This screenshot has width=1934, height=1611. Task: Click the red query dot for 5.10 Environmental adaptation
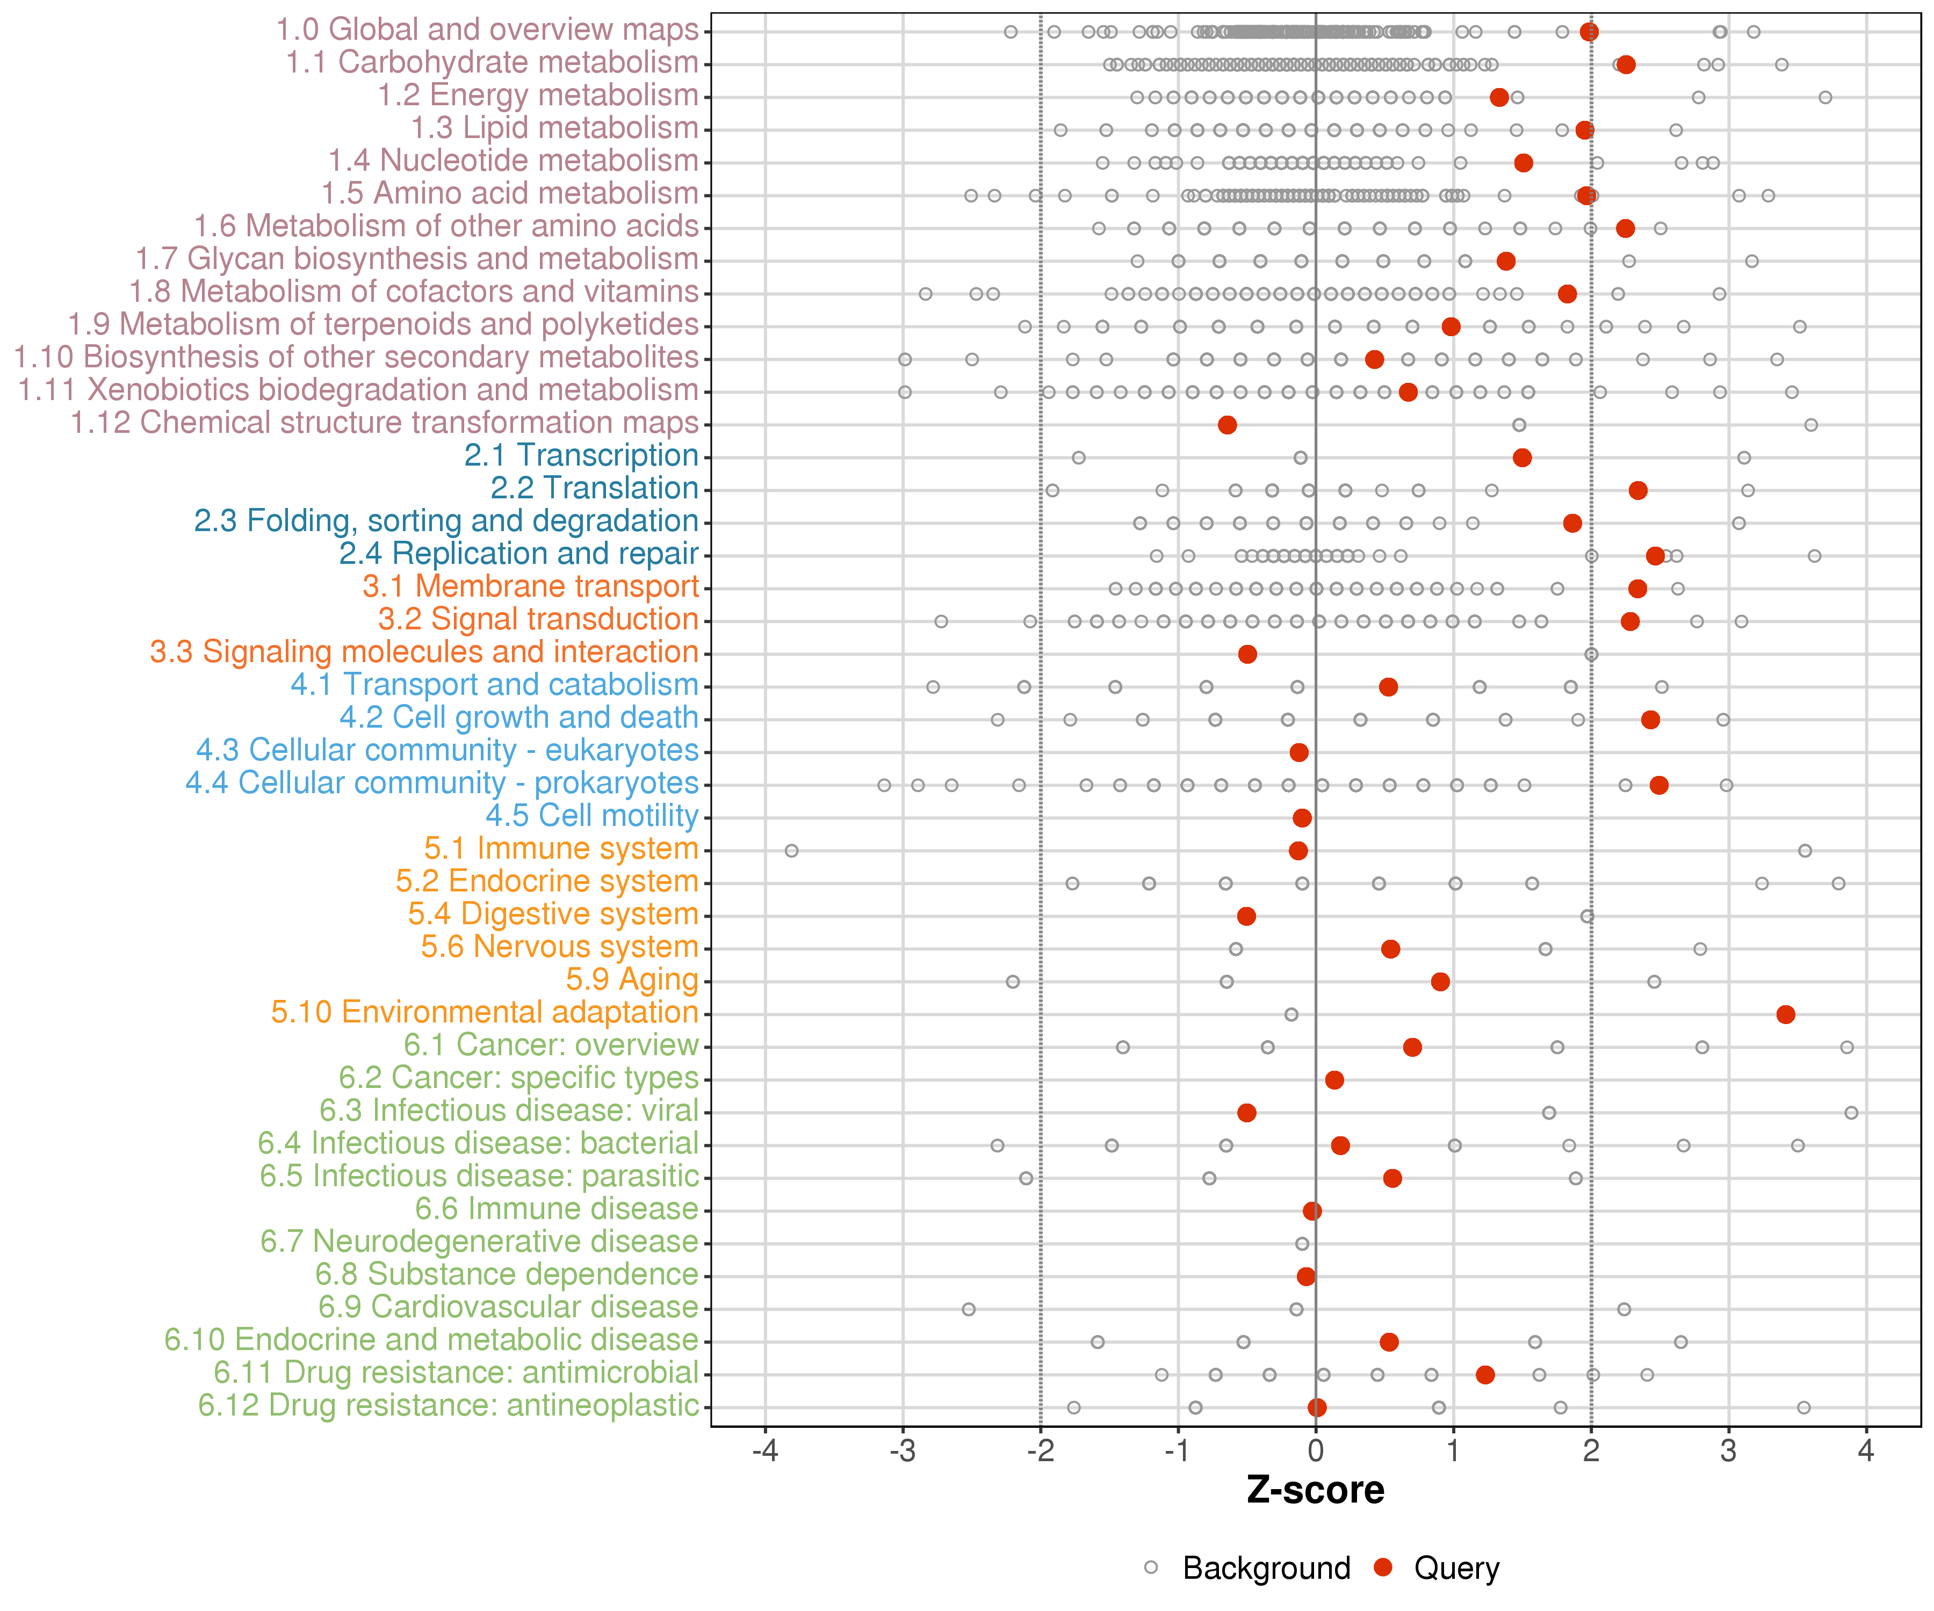pos(1786,1014)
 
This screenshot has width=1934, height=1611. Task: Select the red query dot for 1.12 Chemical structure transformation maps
pos(1226,424)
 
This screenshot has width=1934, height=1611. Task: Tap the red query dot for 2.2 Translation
pos(1637,491)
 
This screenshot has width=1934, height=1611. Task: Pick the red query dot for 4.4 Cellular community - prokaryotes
pos(1658,785)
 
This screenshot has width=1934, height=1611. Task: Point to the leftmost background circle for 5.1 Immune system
pos(791,851)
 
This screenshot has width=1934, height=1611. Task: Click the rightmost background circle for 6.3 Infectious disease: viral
pos(1851,1113)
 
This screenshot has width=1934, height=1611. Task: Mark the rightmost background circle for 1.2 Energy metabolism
pos(1825,98)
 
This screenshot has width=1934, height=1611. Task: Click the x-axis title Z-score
pos(1315,1490)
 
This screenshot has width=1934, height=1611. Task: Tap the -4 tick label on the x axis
pos(766,1452)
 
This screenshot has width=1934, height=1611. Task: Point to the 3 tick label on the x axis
pos(1729,1452)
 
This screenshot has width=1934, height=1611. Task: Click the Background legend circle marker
pos(1151,1567)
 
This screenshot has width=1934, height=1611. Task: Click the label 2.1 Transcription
pos(581,456)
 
